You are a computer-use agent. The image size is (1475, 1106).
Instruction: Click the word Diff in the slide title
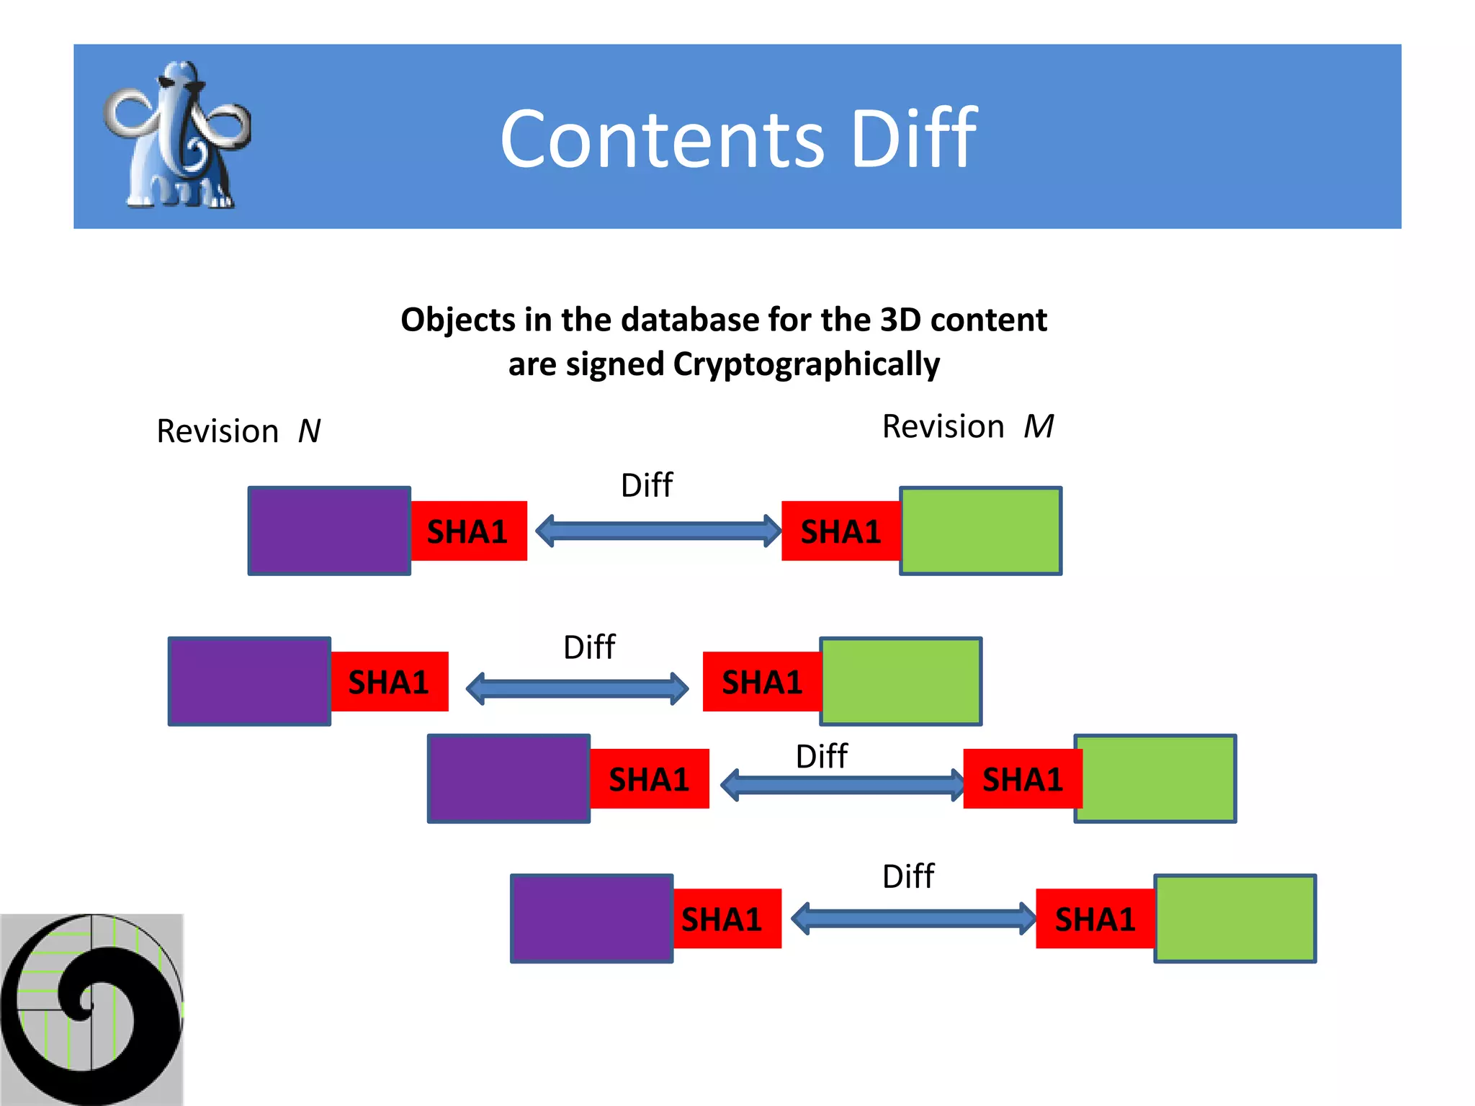click(913, 138)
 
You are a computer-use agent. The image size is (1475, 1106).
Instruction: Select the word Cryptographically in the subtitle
click(806, 364)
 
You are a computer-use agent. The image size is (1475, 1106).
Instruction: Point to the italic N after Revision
click(309, 431)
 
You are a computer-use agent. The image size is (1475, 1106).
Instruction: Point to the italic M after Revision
click(1039, 426)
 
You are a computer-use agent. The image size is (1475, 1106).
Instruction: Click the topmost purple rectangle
click(329, 531)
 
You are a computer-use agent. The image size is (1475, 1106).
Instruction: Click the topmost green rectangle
click(980, 531)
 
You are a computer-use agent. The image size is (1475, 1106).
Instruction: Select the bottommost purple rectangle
click(591, 918)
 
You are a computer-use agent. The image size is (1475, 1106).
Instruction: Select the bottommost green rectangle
click(1234, 918)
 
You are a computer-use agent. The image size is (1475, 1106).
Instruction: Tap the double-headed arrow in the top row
click(658, 531)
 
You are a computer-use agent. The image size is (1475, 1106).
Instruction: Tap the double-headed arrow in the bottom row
click(913, 919)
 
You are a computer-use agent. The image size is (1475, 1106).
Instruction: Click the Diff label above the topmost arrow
click(646, 485)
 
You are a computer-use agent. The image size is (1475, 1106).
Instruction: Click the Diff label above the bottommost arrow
click(907, 877)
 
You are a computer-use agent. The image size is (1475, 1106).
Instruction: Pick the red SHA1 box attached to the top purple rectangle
click(468, 531)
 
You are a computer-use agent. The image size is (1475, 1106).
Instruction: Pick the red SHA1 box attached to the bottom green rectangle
click(1095, 919)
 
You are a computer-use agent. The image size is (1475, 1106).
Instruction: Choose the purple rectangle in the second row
click(249, 681)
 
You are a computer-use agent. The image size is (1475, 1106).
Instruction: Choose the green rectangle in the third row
click(1155, 778)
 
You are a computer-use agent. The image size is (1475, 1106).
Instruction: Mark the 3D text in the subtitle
click(900, 320)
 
